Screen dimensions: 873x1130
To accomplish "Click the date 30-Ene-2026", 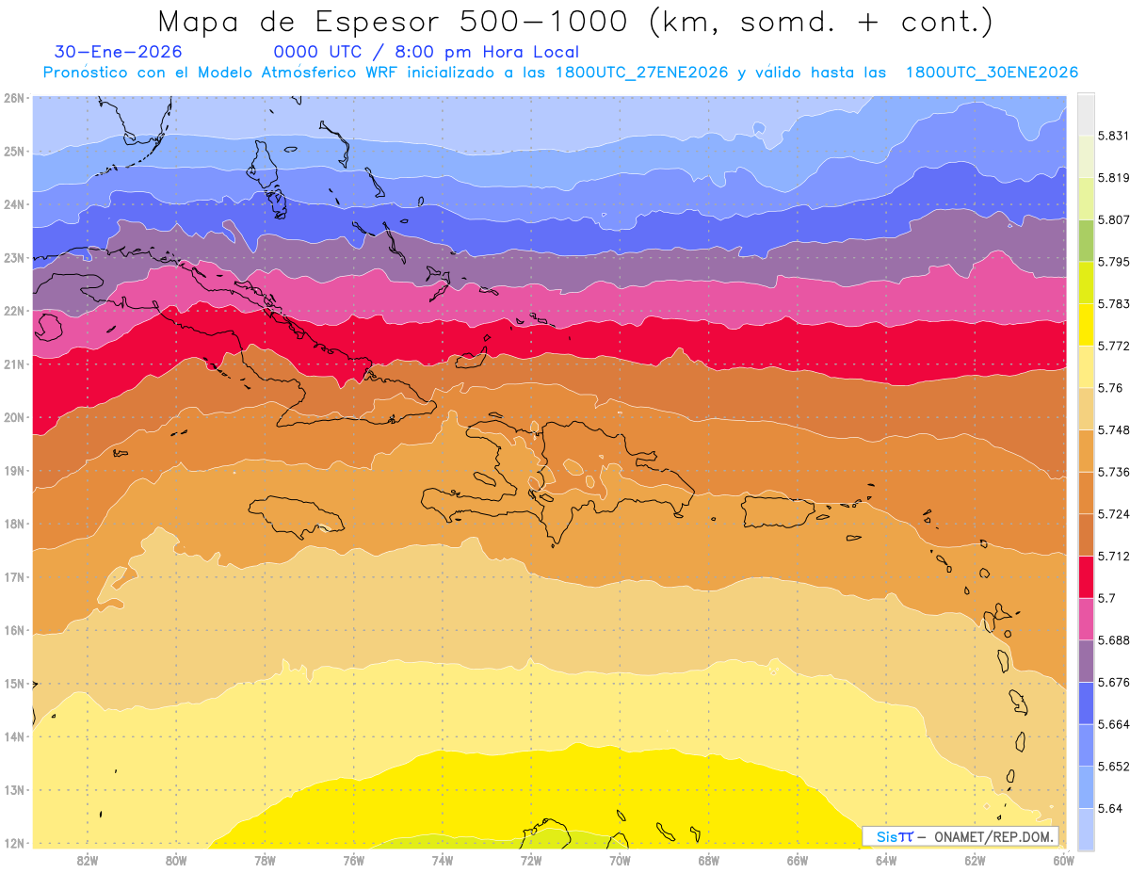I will click(118, 52).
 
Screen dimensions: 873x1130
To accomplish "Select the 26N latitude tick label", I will click(14, 98).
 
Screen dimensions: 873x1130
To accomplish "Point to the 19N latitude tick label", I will click(14, 471).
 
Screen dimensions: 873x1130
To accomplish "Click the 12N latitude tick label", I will click(14, 843).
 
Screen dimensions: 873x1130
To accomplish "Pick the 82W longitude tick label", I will click(88, 860).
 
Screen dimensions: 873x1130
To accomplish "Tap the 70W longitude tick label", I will click(620, 860).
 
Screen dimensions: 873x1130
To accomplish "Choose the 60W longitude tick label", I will click(1063, 860).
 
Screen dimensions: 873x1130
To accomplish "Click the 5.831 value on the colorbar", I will click(1115, 137).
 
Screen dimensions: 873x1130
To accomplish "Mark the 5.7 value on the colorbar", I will click(1106, 598).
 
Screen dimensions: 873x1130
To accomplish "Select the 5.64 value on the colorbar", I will click(1109, 808).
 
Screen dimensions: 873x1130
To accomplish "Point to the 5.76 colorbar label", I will click(1109, 388).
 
